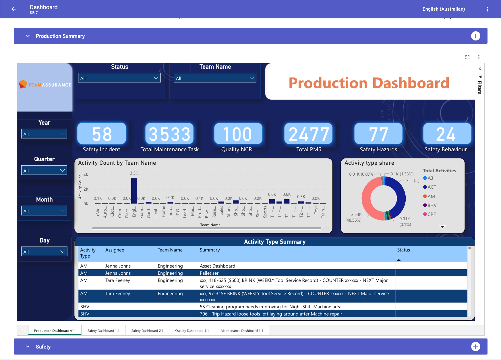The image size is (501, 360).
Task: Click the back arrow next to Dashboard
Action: tap(14, 9)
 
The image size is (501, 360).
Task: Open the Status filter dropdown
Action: tap(119, 78)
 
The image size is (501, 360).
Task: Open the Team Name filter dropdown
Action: tap(215, 78)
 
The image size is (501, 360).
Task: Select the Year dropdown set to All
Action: tap(44, 134)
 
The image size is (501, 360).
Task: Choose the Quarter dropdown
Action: tap(44, 171)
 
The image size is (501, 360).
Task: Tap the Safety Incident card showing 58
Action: tap(102, 134)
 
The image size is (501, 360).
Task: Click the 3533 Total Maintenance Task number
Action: tap(169, 134)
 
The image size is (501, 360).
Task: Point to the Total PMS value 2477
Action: tap(309, 134)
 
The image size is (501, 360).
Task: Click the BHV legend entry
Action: tap(432, 205)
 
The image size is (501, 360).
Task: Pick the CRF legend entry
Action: tap(431, 214)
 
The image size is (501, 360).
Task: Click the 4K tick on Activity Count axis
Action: tap(86, 175)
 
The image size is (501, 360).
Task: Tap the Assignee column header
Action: tap(115, 250)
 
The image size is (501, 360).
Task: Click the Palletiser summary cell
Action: tap(209, 273)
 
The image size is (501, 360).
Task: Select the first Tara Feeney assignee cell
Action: tap(118, 280)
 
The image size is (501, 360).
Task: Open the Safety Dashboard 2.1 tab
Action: tap(147, 331)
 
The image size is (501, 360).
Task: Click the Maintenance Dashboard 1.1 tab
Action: tap(242, 331)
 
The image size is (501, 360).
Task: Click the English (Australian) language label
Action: tap(444, 9)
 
